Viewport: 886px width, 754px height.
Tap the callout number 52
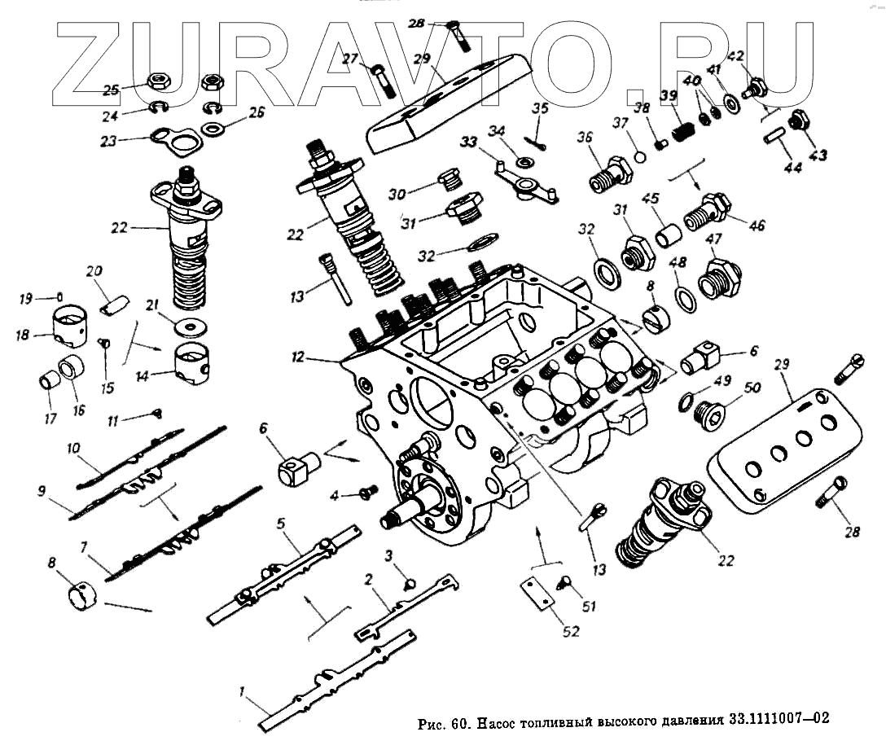pyautogui.click(x=571, y=630)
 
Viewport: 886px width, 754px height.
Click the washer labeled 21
pyautogui.click(x=193, y=327)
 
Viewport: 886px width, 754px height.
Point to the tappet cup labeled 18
pyautogui.click(x=71, y=325)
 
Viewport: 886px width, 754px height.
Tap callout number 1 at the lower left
pyautogui.click(x=242, y=692)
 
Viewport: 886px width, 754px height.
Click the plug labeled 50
pyautogui.click(x=708, y=415)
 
